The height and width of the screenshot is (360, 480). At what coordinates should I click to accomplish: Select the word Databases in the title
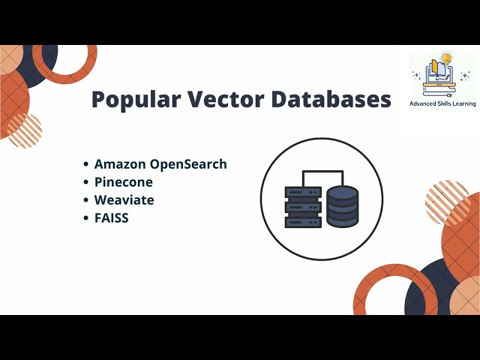tap(331, 100)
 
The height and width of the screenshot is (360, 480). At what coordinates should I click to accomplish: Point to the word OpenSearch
tap(189, 165)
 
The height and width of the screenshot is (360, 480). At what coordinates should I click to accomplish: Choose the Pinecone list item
tap(123, 182)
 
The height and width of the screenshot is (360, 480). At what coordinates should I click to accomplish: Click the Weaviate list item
tap(124, 200)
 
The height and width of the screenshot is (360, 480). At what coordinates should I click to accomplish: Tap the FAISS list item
tap(112, 218)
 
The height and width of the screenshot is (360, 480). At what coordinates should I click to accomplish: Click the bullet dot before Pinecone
tap(87, 183)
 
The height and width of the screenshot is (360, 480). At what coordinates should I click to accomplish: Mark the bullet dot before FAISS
tap(87, 219)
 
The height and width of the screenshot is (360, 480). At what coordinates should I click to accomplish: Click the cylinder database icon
tap(343, 207)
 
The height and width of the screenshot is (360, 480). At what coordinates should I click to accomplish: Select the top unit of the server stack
tap(303, 192)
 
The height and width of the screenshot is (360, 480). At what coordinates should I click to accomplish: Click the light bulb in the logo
tap(448, 58)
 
